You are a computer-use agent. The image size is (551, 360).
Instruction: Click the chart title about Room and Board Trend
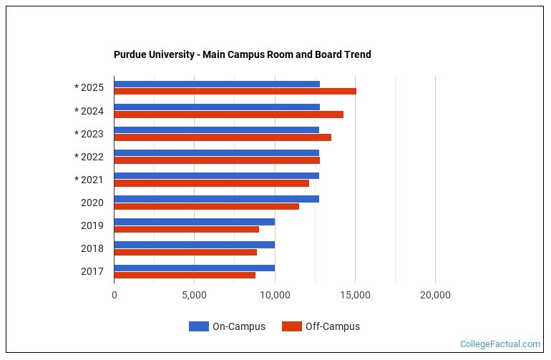242,54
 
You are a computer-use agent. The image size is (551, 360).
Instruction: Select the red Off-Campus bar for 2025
235,92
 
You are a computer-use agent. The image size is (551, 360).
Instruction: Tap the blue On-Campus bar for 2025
217,84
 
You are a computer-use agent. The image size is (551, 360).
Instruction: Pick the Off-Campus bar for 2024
228,115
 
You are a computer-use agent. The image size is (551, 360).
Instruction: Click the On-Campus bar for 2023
216,130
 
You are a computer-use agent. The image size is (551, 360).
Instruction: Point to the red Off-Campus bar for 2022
217,160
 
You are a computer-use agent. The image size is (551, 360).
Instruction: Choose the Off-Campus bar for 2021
211,183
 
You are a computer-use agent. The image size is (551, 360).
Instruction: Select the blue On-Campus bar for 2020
216,198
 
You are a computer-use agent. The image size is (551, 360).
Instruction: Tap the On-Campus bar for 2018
194,244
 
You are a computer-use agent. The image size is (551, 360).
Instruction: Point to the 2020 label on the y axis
92,203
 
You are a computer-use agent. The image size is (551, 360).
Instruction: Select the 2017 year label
92,271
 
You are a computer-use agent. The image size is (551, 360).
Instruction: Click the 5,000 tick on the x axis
194,295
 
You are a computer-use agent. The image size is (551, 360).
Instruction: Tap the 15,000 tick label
355,295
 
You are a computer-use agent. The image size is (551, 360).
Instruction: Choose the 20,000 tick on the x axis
435,295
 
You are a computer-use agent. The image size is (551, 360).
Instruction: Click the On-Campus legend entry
228,326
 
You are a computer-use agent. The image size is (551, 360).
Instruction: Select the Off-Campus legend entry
321,326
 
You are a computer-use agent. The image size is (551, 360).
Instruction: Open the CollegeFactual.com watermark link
499,344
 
